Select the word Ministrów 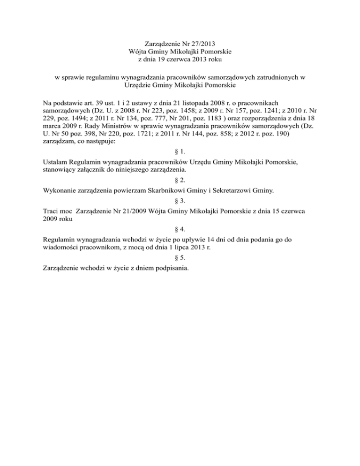116,128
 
